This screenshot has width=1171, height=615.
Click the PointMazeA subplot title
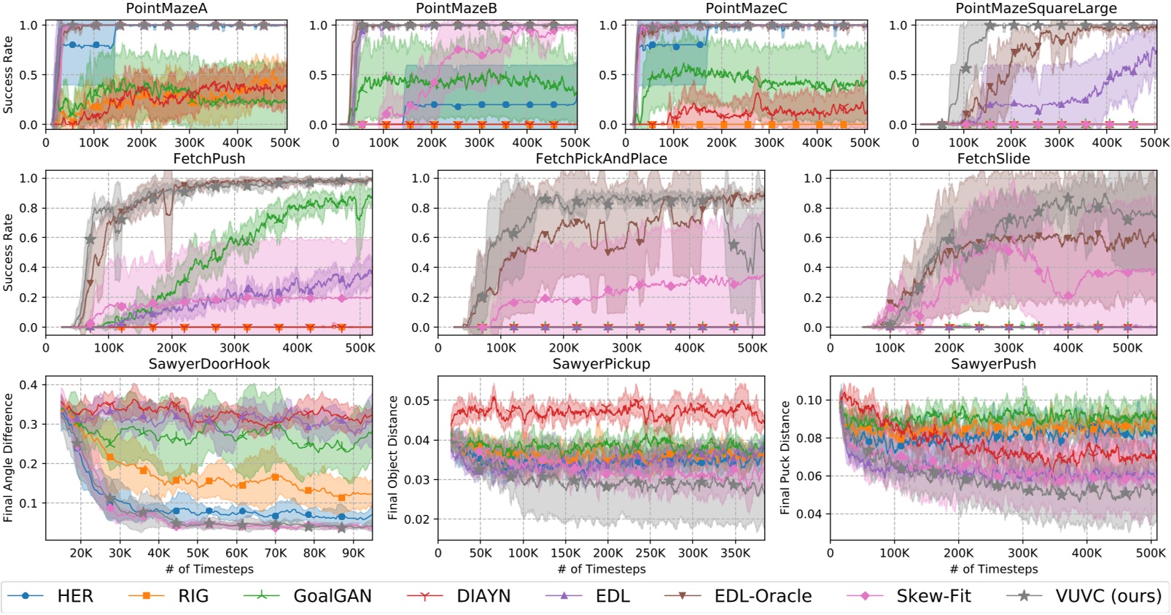pos(167,9)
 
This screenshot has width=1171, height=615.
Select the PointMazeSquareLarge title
pos(1036,9)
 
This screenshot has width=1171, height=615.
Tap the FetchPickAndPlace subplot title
pos(601,159)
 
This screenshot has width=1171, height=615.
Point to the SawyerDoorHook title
pos(209,364)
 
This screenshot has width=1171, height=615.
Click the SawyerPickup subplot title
pos(601,364)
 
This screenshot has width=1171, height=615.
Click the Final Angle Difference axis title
pos(9,457)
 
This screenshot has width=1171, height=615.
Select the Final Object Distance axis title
pos(393,457)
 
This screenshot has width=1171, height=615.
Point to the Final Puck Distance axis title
pos(785,457)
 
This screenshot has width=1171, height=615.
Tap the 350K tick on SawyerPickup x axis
pos(735,553)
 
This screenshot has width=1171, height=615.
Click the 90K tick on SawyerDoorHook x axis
pos(354,553)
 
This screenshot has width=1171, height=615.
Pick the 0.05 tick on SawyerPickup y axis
pos(417,401)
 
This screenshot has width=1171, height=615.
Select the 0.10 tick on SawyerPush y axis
pos(809,401)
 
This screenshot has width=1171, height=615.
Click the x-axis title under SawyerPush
pos(993,569)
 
